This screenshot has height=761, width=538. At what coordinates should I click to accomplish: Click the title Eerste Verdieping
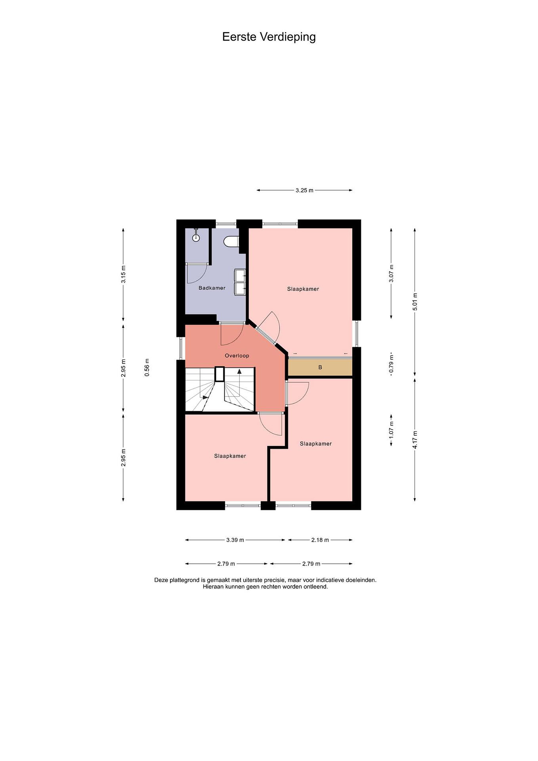[x=269, y=37]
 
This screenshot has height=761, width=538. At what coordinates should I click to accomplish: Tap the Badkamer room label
[x=212, y=288]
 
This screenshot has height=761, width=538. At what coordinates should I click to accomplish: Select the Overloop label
[x=237, y=356]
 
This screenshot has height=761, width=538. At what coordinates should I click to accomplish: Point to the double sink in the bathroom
[x=240, y=282]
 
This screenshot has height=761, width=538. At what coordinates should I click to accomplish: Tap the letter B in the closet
[x=320, y=368]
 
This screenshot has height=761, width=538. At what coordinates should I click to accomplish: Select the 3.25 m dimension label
[x=305, y=190]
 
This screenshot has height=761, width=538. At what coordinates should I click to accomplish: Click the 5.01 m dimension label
[x=415, y=301]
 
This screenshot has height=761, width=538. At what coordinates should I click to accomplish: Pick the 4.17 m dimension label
[x=415, y=439]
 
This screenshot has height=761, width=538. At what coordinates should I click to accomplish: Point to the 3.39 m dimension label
[x=235, y=540]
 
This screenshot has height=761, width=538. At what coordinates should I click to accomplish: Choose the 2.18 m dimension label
[x=320, y=540]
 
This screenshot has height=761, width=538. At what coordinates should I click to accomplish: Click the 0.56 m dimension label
[x=147, y=367]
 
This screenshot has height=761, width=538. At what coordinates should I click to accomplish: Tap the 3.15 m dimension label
[x=123, y=275]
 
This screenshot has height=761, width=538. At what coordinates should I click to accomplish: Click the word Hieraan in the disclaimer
[x=213, y=586]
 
